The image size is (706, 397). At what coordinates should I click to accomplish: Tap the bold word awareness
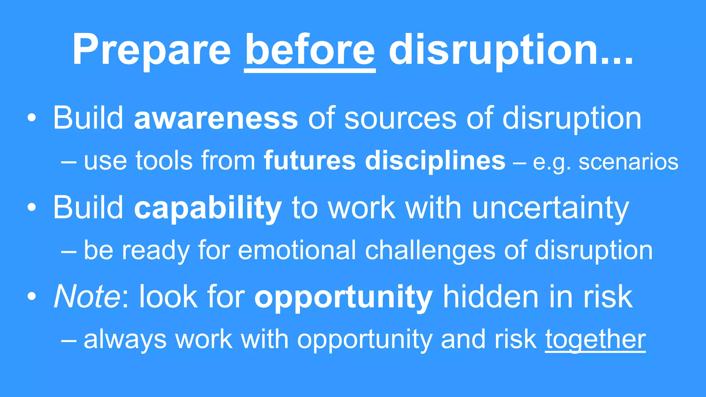click(216, 118)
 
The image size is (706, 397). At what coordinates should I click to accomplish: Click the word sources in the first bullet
click(400, 118)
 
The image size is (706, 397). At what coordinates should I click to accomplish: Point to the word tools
click(164, 161)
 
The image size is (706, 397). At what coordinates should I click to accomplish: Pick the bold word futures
click(310, 161)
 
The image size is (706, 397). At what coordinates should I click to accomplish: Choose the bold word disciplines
click(435, 161)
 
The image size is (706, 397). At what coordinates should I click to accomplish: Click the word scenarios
click(628, 162)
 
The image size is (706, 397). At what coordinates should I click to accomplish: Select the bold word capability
click(208, 208)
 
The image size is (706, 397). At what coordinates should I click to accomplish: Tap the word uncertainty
click(551, 208)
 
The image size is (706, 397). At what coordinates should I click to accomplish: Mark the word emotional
click(297, 250)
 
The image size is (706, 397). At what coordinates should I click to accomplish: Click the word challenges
click(430, 250)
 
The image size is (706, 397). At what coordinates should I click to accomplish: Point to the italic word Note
click(87, 297)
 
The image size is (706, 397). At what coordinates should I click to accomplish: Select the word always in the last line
click(125, 340)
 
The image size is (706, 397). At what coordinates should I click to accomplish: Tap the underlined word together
click(595, 340)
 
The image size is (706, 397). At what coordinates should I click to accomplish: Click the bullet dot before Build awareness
click(32, 119)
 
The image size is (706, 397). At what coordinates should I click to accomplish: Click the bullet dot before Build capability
click(32, 208)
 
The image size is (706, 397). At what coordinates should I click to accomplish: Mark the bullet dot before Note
click(32, 297)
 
